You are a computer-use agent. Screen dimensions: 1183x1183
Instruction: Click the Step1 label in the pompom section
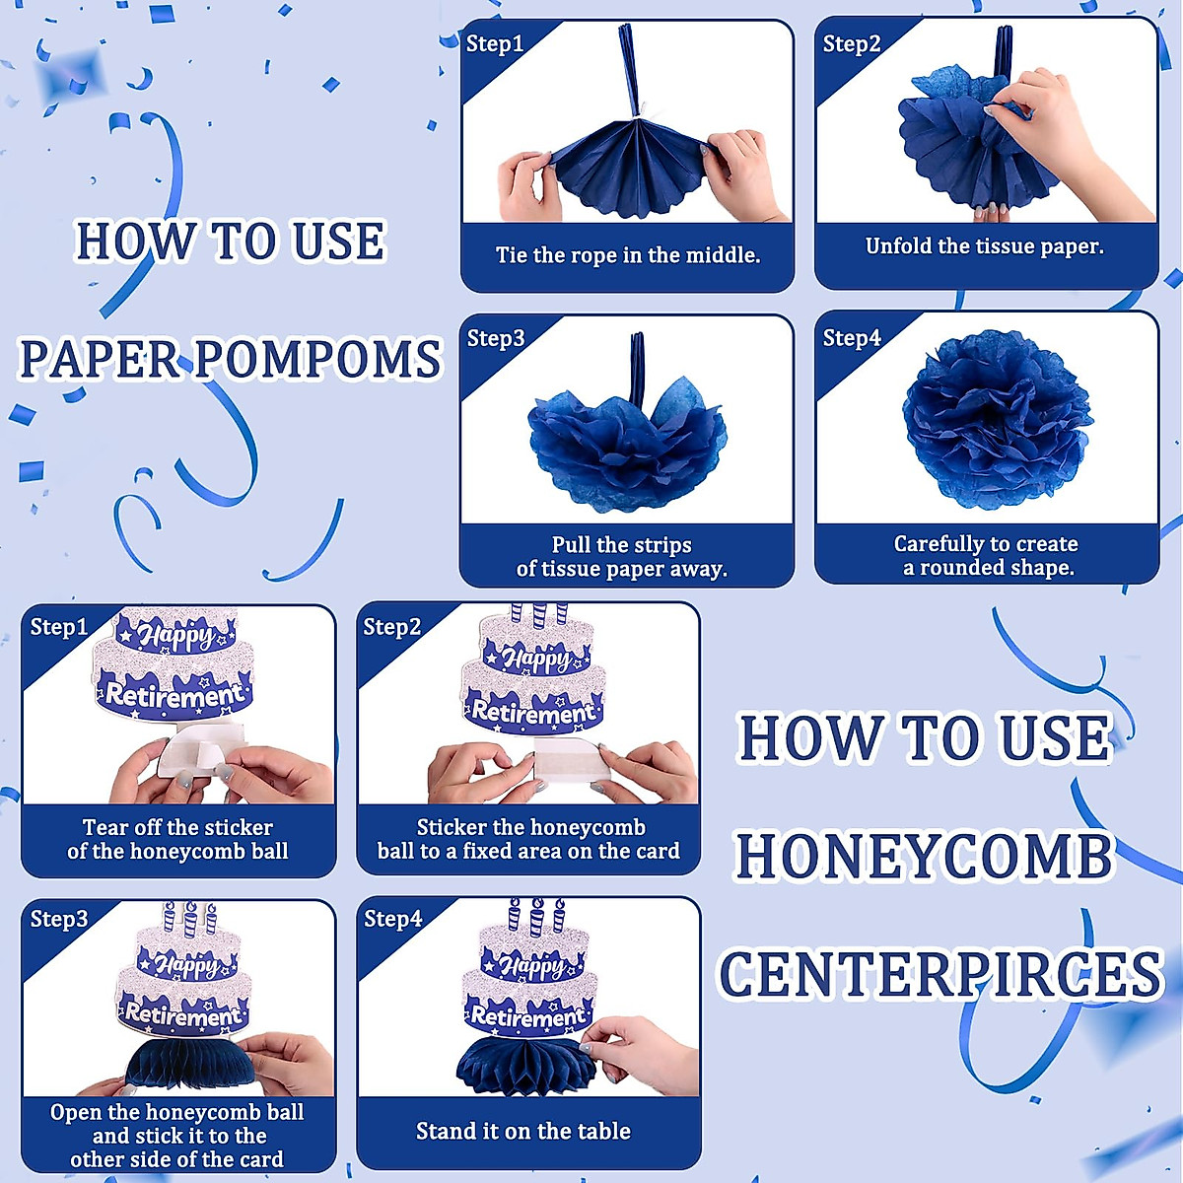point(495,43)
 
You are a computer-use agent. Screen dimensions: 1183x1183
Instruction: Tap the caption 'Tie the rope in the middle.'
point(628,255)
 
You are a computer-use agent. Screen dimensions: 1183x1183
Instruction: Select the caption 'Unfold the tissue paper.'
point(985,246)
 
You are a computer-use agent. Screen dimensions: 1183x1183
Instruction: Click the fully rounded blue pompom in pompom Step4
point(997,418)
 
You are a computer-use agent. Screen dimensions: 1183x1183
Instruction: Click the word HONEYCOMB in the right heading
point(925,856)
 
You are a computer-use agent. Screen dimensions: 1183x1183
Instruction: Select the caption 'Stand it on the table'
point(523,1132)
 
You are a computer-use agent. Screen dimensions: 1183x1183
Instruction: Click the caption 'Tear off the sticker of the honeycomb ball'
point(178,840)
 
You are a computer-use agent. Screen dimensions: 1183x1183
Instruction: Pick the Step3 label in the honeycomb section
point(59,919)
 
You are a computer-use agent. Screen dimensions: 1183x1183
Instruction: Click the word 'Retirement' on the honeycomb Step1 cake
point(174,695)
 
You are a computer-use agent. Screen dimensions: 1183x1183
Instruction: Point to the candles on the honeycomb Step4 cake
point(535,917)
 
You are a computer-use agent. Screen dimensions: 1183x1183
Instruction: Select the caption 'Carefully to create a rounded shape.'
point(987,556)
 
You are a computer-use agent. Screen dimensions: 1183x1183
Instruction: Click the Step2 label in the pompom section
point(852,43)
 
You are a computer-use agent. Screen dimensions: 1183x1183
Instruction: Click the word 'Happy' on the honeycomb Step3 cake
point(186,964)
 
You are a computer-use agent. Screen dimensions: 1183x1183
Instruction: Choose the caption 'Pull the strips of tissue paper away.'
point(622,557)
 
